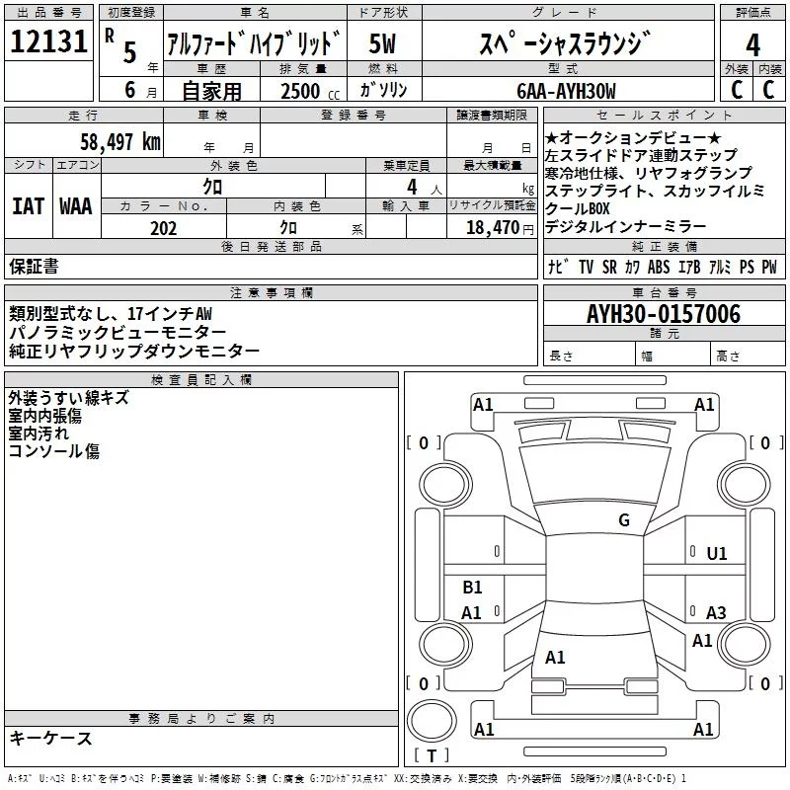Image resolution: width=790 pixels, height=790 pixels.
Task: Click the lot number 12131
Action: pos(48,41)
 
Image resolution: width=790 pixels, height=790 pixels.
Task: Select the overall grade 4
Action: pos(752,44)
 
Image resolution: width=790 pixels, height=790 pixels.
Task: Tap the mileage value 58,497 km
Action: pos(120,141)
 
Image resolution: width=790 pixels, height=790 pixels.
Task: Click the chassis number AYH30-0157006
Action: pos(664,314)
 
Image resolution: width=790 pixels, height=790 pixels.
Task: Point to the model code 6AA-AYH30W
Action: pos(566,91)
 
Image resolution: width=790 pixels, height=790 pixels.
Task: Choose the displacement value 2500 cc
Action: pos(310,91)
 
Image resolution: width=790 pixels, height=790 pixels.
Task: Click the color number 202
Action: pos(164,228)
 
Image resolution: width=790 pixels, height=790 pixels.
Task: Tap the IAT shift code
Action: pos(29,206)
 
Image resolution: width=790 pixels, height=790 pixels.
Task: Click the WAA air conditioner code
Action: pos(76,206)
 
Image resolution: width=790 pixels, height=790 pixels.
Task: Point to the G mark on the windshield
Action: pos(624,520)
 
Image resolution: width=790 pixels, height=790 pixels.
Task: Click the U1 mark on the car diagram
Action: pos(717,554)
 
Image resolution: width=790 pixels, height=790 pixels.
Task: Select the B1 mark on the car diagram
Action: pos(472,587)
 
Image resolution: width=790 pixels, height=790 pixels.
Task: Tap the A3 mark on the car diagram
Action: pos(716,612)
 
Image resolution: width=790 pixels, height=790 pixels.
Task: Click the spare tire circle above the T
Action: pos(432,721)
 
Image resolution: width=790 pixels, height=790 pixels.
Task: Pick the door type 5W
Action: pos(382,43)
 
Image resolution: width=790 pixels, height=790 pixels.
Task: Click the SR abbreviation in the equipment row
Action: pos(609,267)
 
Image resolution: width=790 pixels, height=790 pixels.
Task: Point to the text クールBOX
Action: pos(578,208)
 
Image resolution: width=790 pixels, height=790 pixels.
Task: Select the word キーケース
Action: pos(51,738)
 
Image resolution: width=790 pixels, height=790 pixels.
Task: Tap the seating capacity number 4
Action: pos(412,187)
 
